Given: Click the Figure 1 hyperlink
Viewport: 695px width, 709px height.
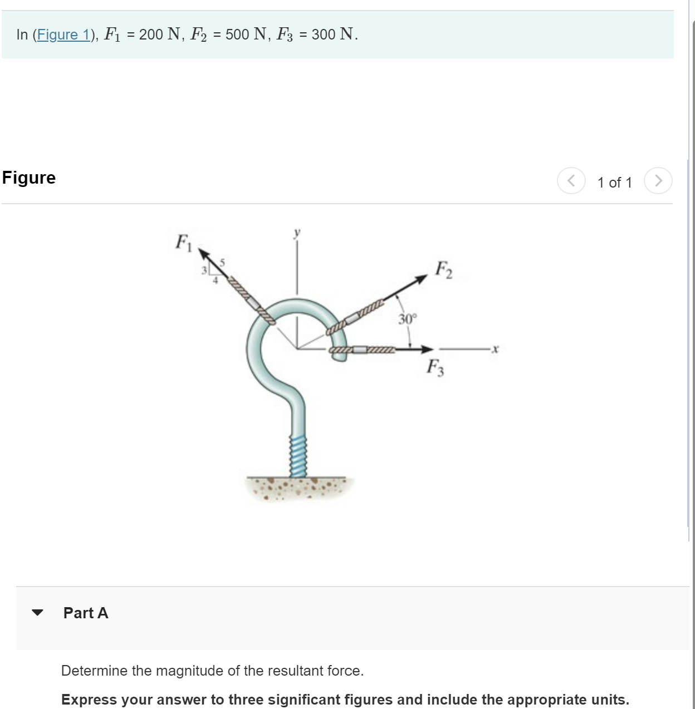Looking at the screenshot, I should coord(63,35).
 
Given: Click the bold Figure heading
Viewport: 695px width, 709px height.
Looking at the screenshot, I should coord(29,178).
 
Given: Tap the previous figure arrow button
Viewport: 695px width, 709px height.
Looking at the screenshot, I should coord(571,181).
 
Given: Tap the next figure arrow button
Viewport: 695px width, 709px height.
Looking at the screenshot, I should coord(658,181).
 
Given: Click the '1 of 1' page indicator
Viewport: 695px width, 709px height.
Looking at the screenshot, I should coord(614,183).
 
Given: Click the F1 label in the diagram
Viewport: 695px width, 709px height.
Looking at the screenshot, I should coord(183,243).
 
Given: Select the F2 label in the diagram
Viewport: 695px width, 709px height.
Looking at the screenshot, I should coord(443,270).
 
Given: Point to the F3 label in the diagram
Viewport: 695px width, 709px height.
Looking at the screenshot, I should coord(435,367).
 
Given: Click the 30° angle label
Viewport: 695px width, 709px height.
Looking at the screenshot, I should coord(407,319).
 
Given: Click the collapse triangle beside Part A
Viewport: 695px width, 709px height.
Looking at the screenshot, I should coord(37,613).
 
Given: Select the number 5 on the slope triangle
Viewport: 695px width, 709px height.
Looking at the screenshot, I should coord(222,262).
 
